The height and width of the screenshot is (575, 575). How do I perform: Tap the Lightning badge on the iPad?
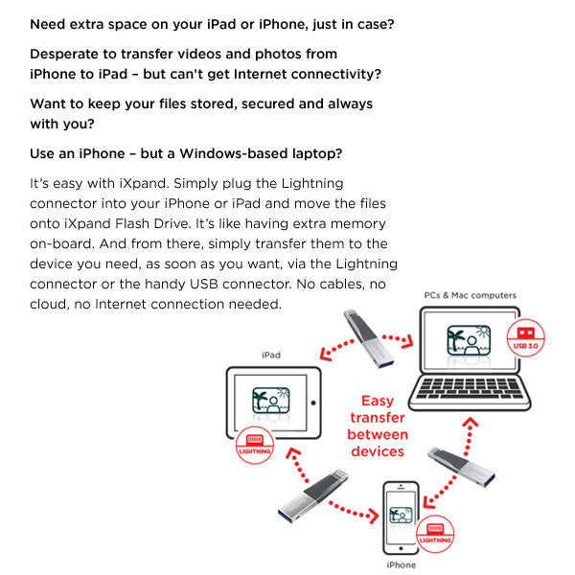(x=254, y=445)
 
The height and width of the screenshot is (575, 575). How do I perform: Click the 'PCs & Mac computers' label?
(x=470, y=295)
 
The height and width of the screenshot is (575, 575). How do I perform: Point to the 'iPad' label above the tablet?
(x=271, y=355)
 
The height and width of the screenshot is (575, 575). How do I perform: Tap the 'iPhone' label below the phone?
(x=401, y=564)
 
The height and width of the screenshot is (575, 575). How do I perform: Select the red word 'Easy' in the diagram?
(x=377, y=402)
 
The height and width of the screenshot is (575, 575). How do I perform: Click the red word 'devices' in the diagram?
(x=377, y=450)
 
